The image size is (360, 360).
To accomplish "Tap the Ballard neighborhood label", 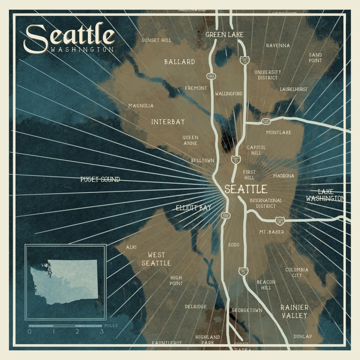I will tap(180, 62).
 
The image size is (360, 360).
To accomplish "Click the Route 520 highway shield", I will tap(266, 121).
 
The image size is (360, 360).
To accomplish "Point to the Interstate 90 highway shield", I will tap(279, 220).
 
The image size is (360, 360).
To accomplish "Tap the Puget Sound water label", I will tap(100, 179).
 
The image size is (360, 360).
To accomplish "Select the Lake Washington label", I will tap(325, 195).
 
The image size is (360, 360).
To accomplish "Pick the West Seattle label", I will tap(156, 259).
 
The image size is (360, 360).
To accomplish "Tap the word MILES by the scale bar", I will tap(111, 325).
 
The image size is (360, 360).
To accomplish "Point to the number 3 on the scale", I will tap(102, 332).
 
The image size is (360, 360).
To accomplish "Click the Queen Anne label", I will tap(190, 141).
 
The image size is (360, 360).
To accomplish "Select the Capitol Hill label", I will tap(256, 150).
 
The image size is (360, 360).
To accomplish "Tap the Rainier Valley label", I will tap(294, 311).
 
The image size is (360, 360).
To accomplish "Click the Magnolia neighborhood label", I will tap(141, 106).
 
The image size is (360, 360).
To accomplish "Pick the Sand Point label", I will tap(315, 58).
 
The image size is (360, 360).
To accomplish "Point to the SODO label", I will tap(234, 245).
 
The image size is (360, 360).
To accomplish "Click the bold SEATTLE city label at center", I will tap(246, 189).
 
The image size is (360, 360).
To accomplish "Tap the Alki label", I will tap(131, 247).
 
